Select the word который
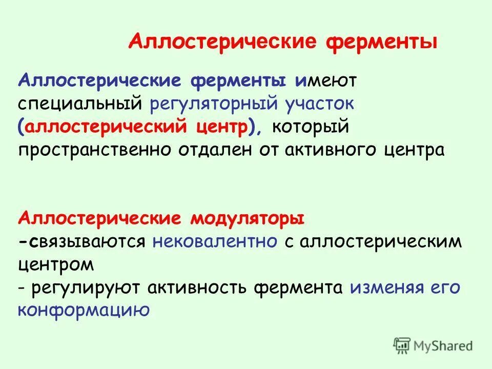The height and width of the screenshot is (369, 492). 311,128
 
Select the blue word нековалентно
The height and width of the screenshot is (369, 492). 215,242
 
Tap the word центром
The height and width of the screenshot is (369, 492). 56,265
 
